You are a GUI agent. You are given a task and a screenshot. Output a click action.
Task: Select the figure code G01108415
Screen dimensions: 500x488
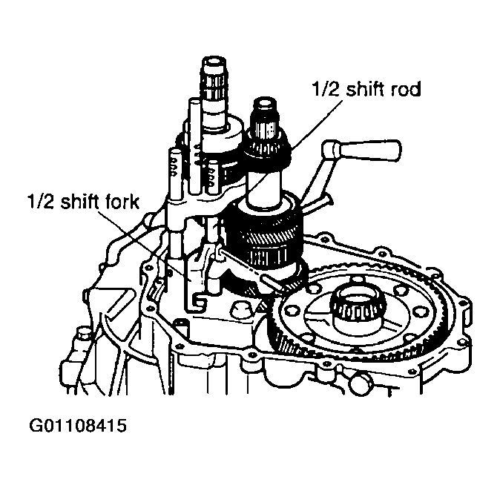78,426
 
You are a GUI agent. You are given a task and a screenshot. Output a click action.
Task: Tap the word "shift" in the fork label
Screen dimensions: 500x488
79,202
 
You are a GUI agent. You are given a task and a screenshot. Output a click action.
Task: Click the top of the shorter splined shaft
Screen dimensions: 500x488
264,104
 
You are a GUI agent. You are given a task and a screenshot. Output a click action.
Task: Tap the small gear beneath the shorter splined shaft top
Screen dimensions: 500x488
267,149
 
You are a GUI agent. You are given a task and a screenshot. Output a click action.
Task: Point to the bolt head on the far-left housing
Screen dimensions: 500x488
83,335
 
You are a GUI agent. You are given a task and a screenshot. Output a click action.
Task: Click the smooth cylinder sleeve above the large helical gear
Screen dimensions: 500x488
263,186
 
